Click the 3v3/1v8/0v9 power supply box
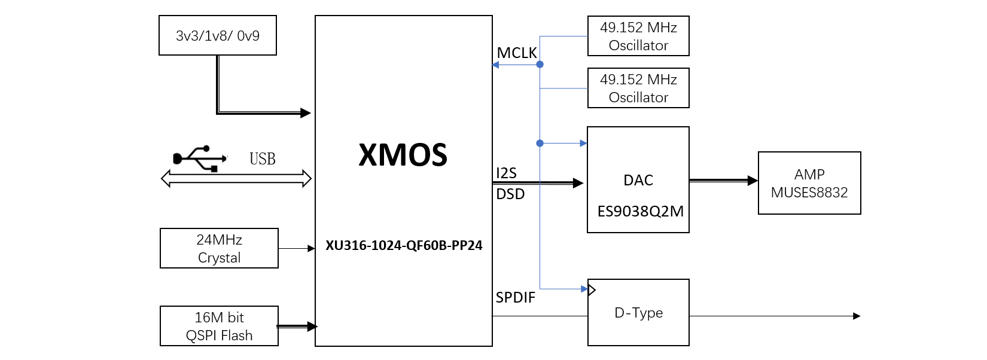[x=218, y=35]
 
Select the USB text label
[x=263, y=159]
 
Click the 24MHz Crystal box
[x=219, y=248]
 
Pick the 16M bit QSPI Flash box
[x=219, y=326]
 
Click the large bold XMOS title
[x=403, y=155]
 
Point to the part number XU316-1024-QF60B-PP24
[x=404, y=245]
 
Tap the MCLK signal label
[x=516, y=53]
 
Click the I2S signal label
[x=506, y=173]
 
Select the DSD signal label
[x=510, y=194]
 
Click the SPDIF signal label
[x=515, y=297]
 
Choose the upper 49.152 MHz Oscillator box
[x=638, y=36]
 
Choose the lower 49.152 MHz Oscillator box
[x=638, y=88]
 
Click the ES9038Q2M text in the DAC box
[x=640, y=211]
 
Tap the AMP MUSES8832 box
[x=809, y=183]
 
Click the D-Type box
[x=638, y=313]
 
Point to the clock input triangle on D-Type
[x=592, y=290]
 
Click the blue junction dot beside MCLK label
[x=540, y=64]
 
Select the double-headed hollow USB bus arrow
[x=236, y=178]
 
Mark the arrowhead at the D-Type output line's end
[x=857, y=316]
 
